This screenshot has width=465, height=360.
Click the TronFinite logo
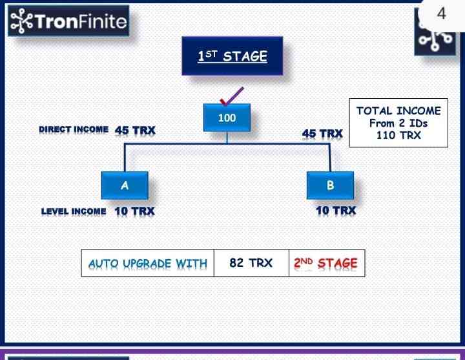tap(68, 21)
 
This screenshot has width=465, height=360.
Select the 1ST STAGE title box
tap(232, 56)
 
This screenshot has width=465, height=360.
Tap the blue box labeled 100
tap(227, 118)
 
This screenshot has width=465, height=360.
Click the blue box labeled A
tap(125, 185)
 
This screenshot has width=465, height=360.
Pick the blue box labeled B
tap(330, 185)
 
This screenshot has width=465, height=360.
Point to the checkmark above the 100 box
tap(232, 96)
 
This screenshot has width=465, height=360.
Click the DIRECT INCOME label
tap(74, 129)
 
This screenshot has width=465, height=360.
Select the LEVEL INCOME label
tap(74, 211)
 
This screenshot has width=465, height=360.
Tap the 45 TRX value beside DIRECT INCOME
tap(135, 131)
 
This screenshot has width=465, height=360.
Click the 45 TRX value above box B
tap(322, 134)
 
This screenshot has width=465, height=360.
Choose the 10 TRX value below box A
tap(134, 211)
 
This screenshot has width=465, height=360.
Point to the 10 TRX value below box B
tap(336, 211)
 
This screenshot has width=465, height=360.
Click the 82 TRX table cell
tap(251, 263)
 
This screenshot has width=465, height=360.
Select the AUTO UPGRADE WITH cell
tap(148, 263)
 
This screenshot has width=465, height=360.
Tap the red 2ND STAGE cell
tap(327, 263)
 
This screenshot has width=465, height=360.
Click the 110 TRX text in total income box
tap(398, 135)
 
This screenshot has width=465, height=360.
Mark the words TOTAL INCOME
tap(398, 111)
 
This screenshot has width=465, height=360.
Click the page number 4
tap(442, 14)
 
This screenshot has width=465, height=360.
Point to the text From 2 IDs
tap(398, 123)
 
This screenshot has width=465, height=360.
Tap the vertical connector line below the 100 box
tap(227, 138)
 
